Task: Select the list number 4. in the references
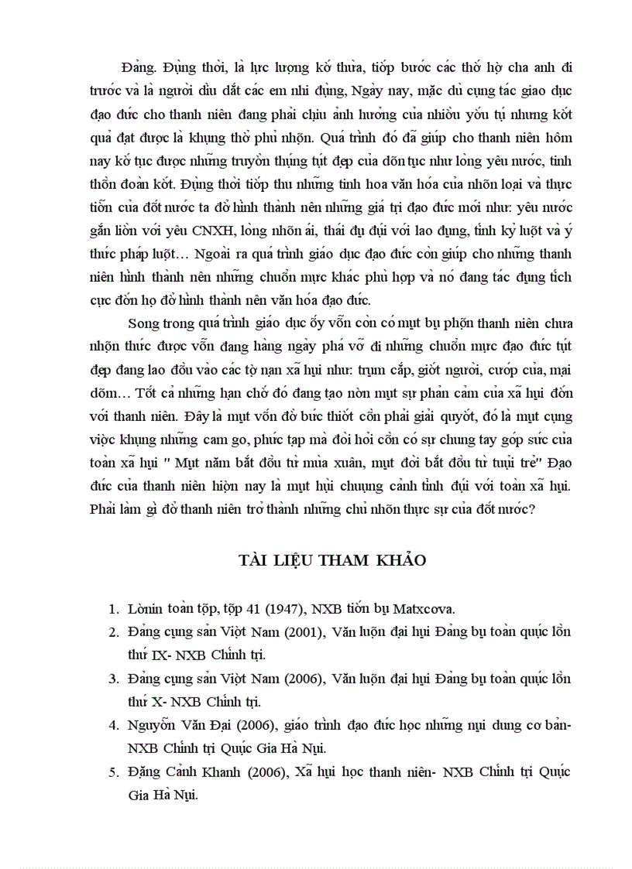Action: point(113,726)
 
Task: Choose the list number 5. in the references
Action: point(113,772)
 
